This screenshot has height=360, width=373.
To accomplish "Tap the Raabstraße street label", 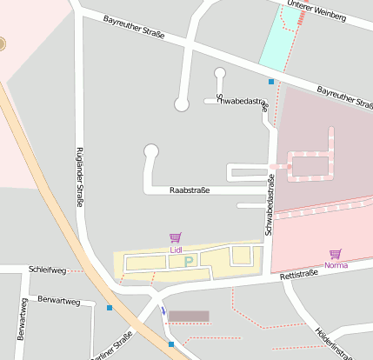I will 190,190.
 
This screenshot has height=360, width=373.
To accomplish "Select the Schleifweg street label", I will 47,270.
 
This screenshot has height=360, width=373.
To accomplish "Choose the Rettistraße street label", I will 299,274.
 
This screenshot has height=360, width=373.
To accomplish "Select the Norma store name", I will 336,264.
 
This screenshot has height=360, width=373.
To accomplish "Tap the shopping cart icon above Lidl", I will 176,237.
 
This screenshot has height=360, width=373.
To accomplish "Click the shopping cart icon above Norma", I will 336,253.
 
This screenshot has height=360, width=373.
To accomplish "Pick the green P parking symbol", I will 189,259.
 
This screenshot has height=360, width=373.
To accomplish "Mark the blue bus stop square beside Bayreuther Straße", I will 271,82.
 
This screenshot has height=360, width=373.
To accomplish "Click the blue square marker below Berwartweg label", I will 110,308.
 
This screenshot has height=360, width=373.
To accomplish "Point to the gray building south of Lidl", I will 189,317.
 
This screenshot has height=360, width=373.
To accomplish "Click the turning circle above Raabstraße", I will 151,150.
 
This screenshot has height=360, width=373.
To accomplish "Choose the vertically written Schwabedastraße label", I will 270,205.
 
